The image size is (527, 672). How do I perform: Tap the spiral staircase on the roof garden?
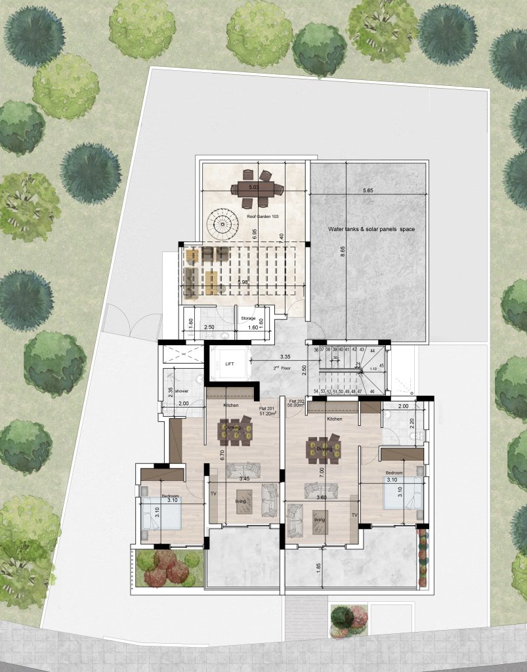click(x=224, y=226)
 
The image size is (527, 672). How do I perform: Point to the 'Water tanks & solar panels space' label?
click(x=371, y=229)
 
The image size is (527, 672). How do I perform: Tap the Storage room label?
click(x=248, y=318)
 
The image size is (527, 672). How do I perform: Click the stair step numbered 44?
click(x=371, y=350)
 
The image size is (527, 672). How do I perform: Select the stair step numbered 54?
click(x=316, y=392)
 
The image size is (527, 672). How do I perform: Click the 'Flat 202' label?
click(x=297, y=401)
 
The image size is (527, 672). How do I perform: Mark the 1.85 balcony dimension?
click(x=319, y=566)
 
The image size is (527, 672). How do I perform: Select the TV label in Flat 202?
click(x=354, y=516)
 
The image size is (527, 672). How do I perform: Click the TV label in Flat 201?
click(x=213, y=493)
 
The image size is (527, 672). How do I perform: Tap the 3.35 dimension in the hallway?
click(x=285, y=357)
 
